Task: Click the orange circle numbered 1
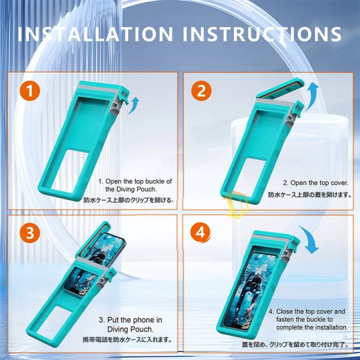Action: [x=30, y=91]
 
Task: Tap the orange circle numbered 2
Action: [x=201, y=91]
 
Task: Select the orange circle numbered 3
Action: [x=30, y=232]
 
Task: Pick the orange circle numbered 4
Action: [x=200, y=232]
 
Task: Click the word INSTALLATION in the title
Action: [x=95, y=34]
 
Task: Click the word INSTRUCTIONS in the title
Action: [x=262, y=34]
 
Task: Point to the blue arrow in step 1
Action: [x=133, y=105]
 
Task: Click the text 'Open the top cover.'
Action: [x=319, y=183]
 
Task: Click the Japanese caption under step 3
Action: [x=127, y=339]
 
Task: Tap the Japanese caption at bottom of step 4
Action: [x=295, y=344]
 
